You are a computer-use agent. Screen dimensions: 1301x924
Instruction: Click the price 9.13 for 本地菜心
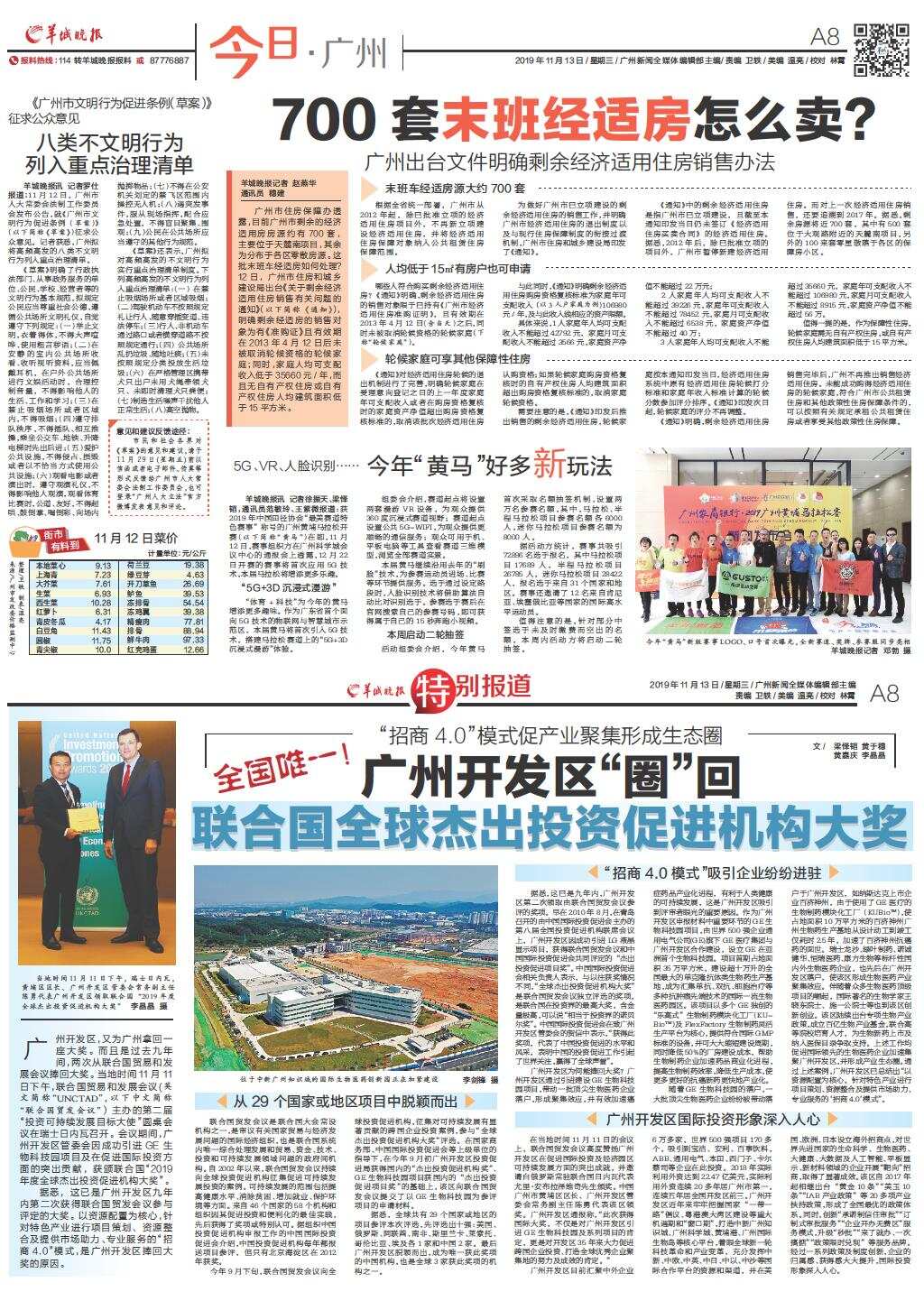click(x=102, y=566)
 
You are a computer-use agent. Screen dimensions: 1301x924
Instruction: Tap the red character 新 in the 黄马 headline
click(x=550, y=465)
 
